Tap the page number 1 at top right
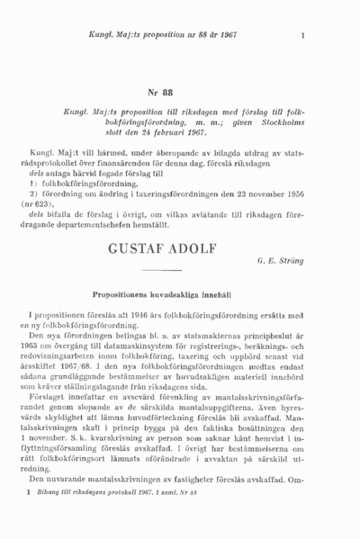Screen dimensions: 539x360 point(303,36)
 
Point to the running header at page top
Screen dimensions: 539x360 point(157,36)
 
